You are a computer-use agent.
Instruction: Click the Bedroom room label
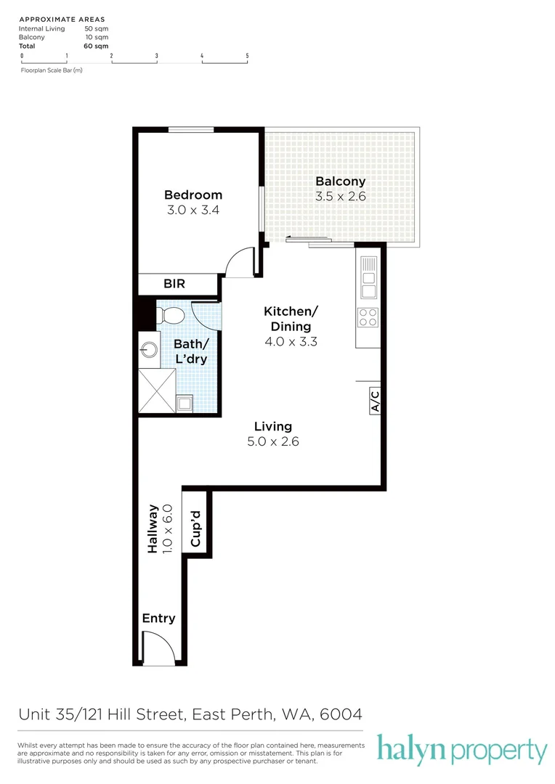click(x=193, y=195)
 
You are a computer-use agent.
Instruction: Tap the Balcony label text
click(x=340, y=181)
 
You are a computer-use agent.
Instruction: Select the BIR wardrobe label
click(x=174, y=284)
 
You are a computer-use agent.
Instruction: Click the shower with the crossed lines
click(x=157, y=391)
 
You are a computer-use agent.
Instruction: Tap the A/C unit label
click(x=375, y=401)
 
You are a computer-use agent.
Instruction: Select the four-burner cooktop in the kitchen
click(x=368, y=317)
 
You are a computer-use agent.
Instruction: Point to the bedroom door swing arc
click(x=238, y=263)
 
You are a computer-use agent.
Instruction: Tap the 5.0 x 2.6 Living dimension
click(x=273, y=441)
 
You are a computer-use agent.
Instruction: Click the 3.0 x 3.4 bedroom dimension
click(x=193, y=211)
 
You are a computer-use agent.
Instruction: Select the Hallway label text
click(x=153, y=529)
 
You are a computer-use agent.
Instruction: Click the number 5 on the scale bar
click(x=247, y=55)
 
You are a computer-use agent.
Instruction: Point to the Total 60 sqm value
click(x=92, y=46)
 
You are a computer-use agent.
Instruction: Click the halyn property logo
click(x=461, y=750)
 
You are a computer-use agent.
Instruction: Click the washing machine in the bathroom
click(x=185, y=403)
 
